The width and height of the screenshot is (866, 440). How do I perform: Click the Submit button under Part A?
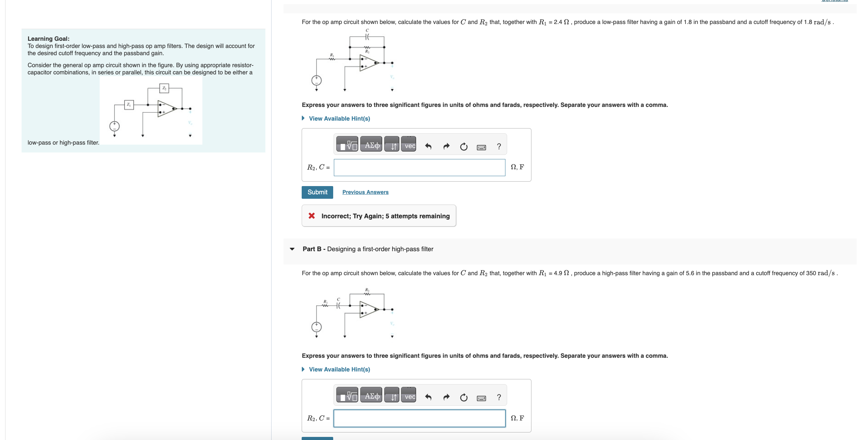click(x=317, y=192)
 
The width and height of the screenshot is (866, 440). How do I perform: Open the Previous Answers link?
click(x=365, y=192)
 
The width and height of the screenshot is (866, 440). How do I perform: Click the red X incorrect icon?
click(x=312, y=216)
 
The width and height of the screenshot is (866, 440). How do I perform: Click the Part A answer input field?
click(x=419, y=168)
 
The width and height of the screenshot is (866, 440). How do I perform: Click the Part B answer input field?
click(x=419, y=418)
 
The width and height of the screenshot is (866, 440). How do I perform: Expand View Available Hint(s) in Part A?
click(x=339, y=119)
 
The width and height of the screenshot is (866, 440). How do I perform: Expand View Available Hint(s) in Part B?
click(x=339, y=369)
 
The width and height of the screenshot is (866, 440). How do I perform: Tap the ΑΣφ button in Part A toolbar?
click(x=371, y=146)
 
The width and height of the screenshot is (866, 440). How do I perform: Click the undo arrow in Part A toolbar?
click(x=428, y=147)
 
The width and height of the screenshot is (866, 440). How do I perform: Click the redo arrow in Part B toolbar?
click(x=446, y=398)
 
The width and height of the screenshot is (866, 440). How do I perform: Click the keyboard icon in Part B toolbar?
click(x=481, y=398)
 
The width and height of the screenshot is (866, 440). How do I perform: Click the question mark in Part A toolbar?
click(x=499, y=147)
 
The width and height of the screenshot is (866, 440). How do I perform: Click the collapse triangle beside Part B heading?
click(x=292, y=249)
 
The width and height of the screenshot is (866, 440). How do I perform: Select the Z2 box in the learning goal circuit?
click(x=164, y=88)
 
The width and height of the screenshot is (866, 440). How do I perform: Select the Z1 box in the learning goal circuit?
click(x=129, y=105)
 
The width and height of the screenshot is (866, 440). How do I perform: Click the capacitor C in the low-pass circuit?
click(x=367, y=36)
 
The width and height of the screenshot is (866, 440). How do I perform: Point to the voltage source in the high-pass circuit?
click(x=316, y=327)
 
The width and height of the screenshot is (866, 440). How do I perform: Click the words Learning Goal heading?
click(x=48, y=39)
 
